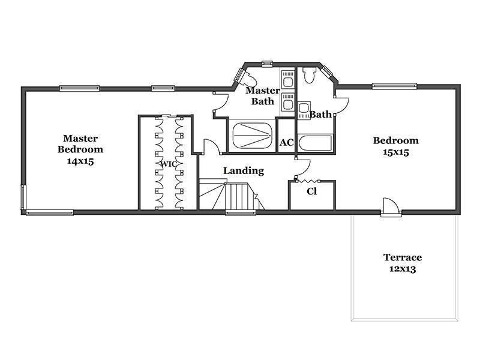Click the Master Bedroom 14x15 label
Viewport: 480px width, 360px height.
click(x=80, y=149)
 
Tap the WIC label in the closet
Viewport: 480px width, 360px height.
click(x=169, y=164)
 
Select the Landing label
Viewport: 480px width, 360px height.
click(x=244, y=170)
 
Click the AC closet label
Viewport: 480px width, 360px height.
click(x=287, y=142)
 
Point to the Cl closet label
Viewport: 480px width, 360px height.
click(x=311, y=191)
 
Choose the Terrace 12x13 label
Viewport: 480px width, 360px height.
click(x=403, y=263)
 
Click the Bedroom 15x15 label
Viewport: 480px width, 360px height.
click(x=396, y=146)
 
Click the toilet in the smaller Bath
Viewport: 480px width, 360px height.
click(x=308, y=74)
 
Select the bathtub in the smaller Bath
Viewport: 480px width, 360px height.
click(x=315, y=143)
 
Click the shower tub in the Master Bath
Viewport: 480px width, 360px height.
click(x=252, y=136)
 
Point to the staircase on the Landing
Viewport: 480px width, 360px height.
click(x=232, y=196)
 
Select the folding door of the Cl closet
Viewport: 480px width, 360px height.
click(x=308, y=182)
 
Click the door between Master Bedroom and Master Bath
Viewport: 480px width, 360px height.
click(x=221, y=103)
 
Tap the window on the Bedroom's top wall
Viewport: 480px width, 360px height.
click(x=394, y=86)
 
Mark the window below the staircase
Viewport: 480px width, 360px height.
click(x=241, y=212)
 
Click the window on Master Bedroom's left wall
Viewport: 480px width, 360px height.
click(x=23, y=197)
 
